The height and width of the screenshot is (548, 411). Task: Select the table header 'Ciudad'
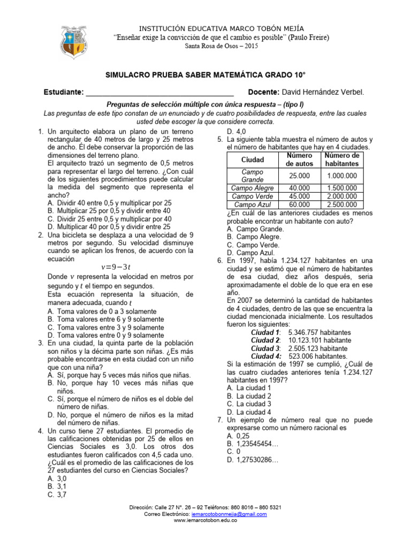253,159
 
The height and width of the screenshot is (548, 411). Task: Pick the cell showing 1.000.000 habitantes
342,176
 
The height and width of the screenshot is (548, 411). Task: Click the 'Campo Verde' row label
253,196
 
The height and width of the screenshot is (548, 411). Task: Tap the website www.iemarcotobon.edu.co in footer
205,520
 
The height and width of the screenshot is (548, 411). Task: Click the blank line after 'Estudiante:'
160,93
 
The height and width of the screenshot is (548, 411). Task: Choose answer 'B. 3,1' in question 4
58,486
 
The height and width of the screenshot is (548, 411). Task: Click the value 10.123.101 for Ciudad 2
319,340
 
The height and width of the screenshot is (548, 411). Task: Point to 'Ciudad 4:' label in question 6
266,356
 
